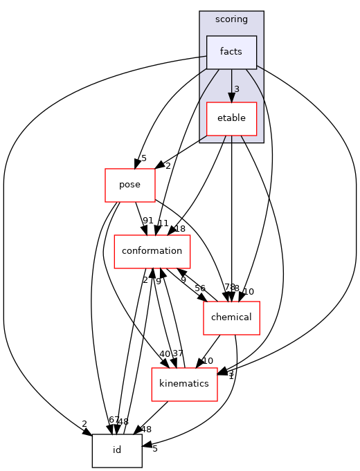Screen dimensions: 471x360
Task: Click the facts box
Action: click(x=231, y=53)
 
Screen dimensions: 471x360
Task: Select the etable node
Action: click(x=231, y=118)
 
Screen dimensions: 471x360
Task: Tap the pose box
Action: click(x=129, y=185)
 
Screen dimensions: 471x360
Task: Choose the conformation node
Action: click(x=152, y=250)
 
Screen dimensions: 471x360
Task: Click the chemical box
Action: click(x=231, y=317)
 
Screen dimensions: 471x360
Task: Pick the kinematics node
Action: click(x=185, y=384)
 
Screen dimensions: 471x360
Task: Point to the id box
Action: click(x=117, y=450)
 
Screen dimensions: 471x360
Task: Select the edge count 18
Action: click(x=180, y=229)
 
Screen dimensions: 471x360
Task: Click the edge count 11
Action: click(x=163, y=223)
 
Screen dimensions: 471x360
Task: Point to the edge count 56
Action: click(x=200, y=288)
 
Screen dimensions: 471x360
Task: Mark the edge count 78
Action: click(x=228, y=287)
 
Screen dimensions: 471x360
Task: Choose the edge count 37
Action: click(x=178, y=354)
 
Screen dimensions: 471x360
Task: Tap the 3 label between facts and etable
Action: click(x=236, y=89)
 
